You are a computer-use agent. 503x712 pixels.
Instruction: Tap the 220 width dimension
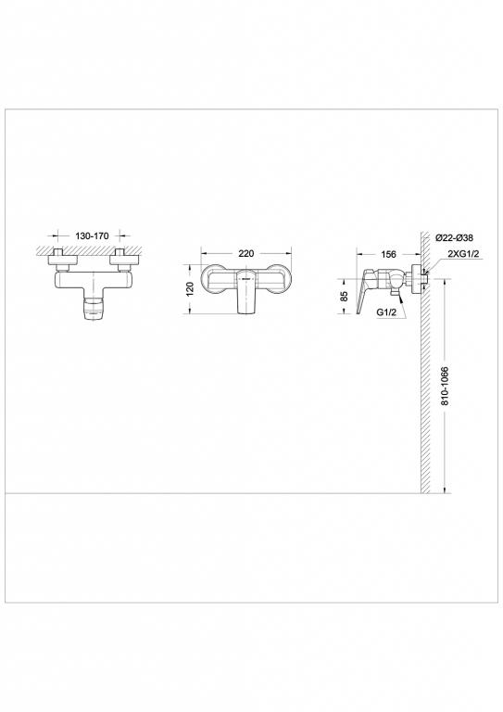pyautogui.click(x=246, y=252)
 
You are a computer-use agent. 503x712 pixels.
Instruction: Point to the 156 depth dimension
pyautogui.click(x=389, y=252)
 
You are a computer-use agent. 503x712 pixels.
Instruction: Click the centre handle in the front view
pyautogui.click(x=246, y=293)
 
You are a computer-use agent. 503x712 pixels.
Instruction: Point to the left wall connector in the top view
pyautogui.click(x=58, y=259)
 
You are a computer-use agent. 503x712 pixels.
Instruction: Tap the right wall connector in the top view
pyautogui.click(x=122, y=259)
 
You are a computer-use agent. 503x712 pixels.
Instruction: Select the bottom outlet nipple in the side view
pyautogui.click(x=394, y=295)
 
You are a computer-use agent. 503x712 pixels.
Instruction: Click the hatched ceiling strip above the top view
pyautogui.click(x=90, y=248)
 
